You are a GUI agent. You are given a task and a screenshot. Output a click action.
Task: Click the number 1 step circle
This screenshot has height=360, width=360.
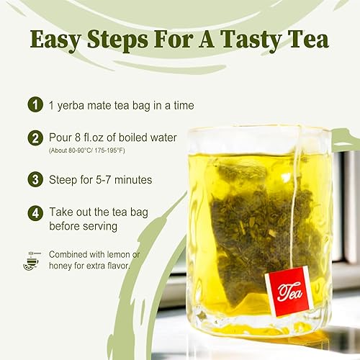(x=34, y=105)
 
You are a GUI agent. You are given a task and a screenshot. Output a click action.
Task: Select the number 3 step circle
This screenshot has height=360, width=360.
(x=34, y=180)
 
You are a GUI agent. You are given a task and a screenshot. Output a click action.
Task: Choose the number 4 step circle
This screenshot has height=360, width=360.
(x=34, y=214)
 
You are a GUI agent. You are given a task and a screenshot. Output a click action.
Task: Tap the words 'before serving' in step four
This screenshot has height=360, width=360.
(x=87, y=228)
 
